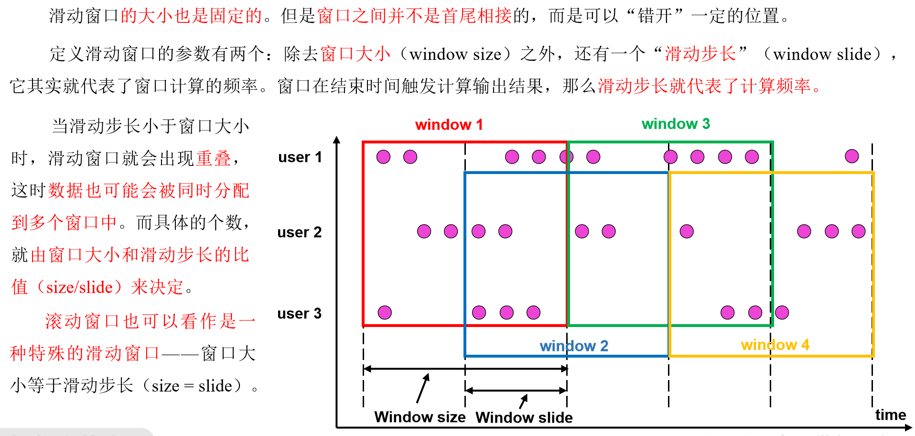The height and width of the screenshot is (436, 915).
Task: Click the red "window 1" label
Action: [x=449, y=125]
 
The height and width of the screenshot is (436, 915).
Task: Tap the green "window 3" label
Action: [x=676, y=124]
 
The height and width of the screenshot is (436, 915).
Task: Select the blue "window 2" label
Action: [x=574, y=346]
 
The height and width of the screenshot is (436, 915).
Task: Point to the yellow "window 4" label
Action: [x=775, y=345]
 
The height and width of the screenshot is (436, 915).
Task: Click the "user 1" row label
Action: [x=300, y=157]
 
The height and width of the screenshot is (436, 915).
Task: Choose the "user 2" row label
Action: [x=300, y=232]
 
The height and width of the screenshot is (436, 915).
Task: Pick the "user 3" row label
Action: [x=300, y=314]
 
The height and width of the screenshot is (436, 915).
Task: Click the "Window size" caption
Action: [x=420, y=417]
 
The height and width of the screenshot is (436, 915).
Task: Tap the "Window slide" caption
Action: [x=524, y=417]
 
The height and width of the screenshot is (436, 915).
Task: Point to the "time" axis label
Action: [x=890, y=414]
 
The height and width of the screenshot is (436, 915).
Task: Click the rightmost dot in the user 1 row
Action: [x=851, y=156]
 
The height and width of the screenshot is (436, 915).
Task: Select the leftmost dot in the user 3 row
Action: [x=385, y=313]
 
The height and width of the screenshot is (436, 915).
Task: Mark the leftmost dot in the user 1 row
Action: [x=383, y=157]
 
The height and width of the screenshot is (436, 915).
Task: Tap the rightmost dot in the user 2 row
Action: [x=858, y=231]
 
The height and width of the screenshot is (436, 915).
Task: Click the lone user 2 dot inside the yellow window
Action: [x=687, y=231]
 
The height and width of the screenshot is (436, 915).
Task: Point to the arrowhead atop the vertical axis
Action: [x=337, y=140]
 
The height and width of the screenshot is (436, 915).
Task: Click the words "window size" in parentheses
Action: [x=455, y=54]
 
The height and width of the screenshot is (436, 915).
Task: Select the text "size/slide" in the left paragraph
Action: [x=79, y=287]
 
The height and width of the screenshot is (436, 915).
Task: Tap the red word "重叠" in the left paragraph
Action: [x=214, y=158]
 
